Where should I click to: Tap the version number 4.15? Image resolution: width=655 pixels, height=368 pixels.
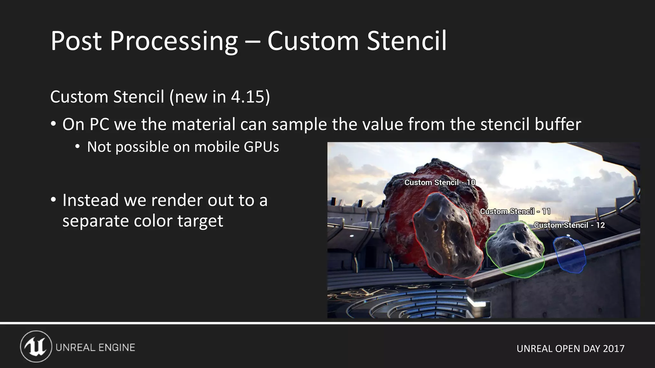[248, 96]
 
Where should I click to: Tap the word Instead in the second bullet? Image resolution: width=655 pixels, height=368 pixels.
[91, 200]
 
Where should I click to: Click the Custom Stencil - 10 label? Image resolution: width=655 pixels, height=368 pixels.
[440, 182]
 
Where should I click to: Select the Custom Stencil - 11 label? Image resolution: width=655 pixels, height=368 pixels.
[515, 211]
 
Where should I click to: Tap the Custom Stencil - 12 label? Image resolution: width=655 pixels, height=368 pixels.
[569, 225]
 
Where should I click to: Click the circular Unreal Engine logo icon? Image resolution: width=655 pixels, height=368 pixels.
[36, 347]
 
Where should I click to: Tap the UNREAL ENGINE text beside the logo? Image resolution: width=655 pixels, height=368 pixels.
[95, 348]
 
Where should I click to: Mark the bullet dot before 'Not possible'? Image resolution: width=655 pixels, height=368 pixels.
[77, 147]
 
